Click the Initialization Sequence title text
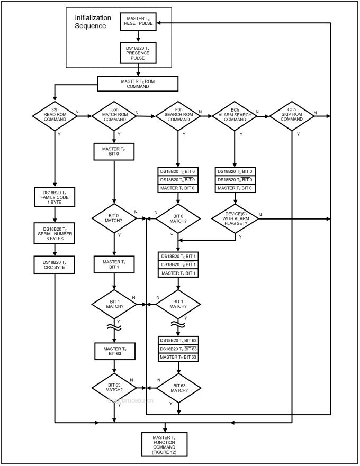click(x=97, y=22)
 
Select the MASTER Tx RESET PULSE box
click(x=138, y=22)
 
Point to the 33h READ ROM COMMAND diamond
click(x=55, y=115)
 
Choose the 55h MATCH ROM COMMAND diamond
click(x=114, y=115)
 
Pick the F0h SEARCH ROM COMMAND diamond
click(x=179, y=115)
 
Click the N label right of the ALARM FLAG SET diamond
click(x=259, y=214)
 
